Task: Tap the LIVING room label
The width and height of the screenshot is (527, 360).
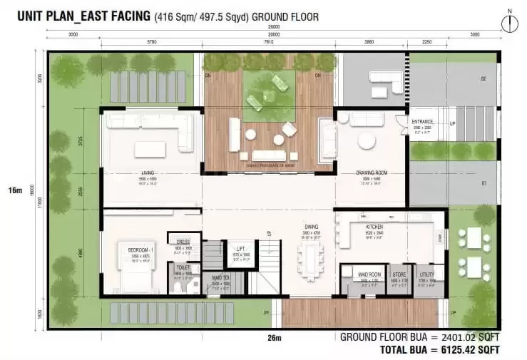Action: click(x=148, y=173)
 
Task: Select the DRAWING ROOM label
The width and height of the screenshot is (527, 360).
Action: click(x=371, y=173)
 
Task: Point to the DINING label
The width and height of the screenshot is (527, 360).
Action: click(x=312, y=227)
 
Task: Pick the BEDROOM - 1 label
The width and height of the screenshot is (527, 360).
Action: click(x=138, y=250)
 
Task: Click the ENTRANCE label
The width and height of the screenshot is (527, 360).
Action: click(x=422, y=122)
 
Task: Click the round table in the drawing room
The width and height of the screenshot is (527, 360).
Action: click(x=367, y=141)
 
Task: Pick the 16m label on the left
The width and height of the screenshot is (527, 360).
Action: click(x=14, y=191)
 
